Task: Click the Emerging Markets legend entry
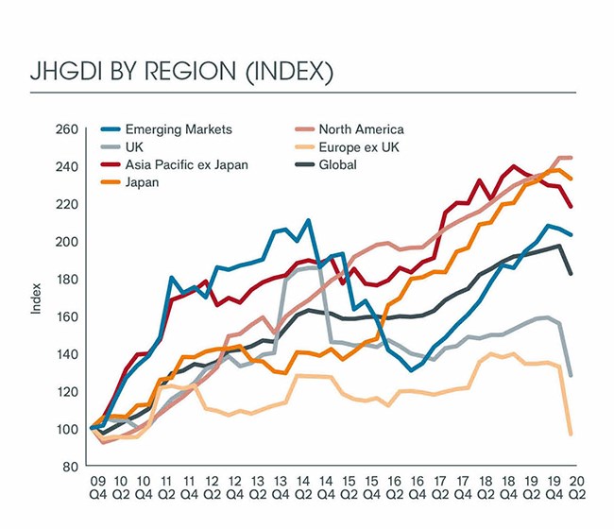pos(180,129)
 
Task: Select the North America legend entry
pos(361,129)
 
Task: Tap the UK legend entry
pos(142,147)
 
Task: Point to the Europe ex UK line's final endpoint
pos(571,434)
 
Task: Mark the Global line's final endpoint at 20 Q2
pos(571,274)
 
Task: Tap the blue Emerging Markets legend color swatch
pos(111,129)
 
